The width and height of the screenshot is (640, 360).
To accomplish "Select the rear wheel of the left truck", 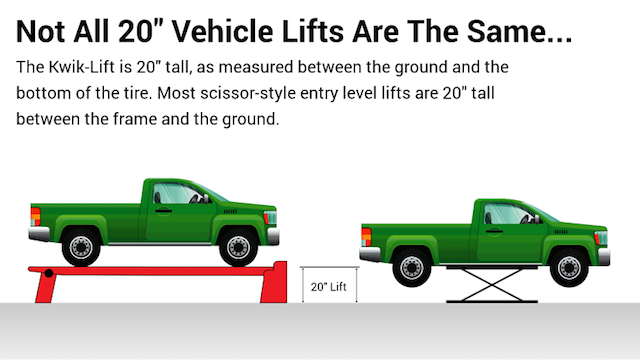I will point(80,245).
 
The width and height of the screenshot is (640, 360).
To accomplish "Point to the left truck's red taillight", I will point(35,214).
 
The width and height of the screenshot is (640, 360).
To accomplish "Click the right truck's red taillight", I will point(365,236).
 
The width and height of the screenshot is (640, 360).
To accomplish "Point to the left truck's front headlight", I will point(267,217).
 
